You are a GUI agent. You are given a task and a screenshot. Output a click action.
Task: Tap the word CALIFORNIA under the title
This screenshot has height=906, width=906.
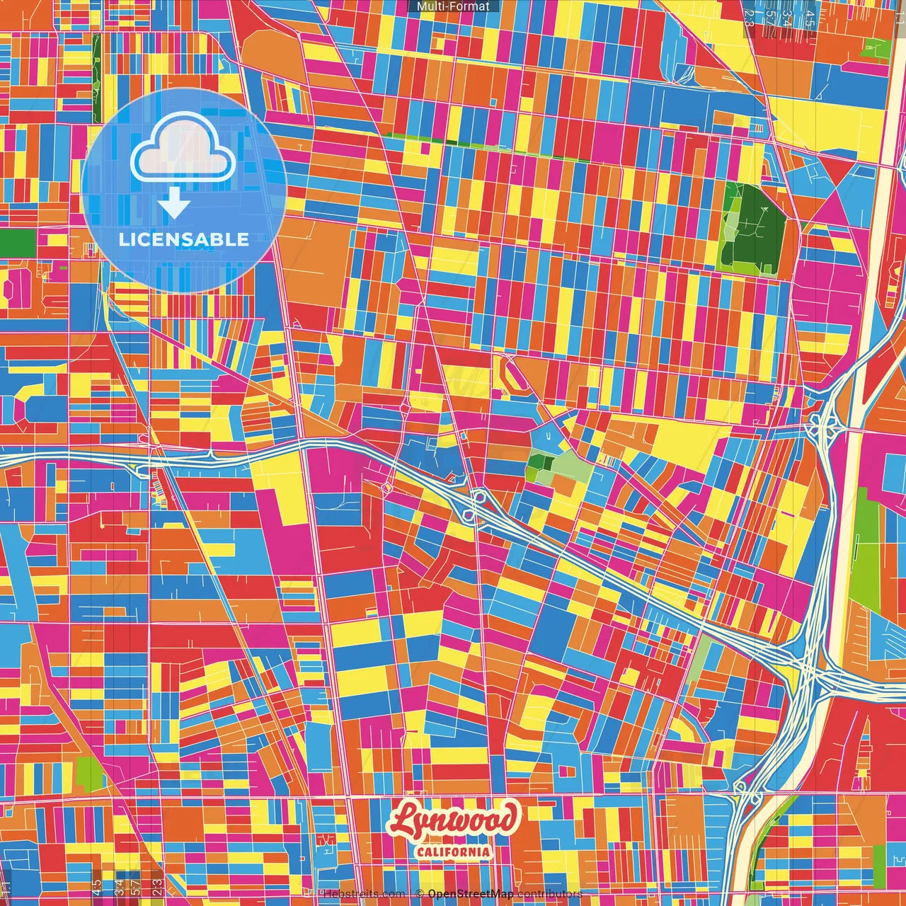pyautogui.click(x=453, y=851)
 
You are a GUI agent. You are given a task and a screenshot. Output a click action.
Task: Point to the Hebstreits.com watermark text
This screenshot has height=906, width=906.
pyautogui.click(x=363, y=894)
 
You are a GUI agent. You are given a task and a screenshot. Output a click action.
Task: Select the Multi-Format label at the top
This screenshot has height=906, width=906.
pyautogui.click(x=453, y=6)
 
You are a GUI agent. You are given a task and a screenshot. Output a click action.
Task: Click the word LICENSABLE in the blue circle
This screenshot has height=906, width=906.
pyautogui.click(x=183, y=239)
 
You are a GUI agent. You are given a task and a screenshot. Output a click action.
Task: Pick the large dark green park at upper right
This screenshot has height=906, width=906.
pyautogui.click(x=752, y=228)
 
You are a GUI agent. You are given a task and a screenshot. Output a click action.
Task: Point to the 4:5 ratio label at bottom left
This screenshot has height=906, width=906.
pyautogui.click(x=96, y=886)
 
